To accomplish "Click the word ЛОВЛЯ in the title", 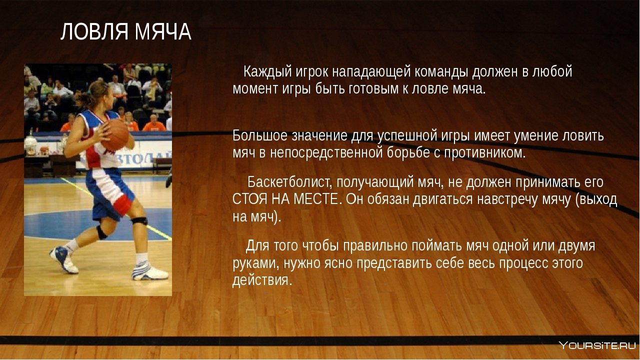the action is click(94, 31).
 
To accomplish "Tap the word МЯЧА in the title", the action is click(163, 31).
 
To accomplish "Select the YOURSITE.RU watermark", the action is click(597, 345).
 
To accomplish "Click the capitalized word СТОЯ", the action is click(249, 199).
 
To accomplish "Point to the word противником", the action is click(484, 153).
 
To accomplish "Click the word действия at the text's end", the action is click(262, 280).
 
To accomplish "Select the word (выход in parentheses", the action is click(596, 199).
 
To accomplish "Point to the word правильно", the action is click(375, 246).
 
